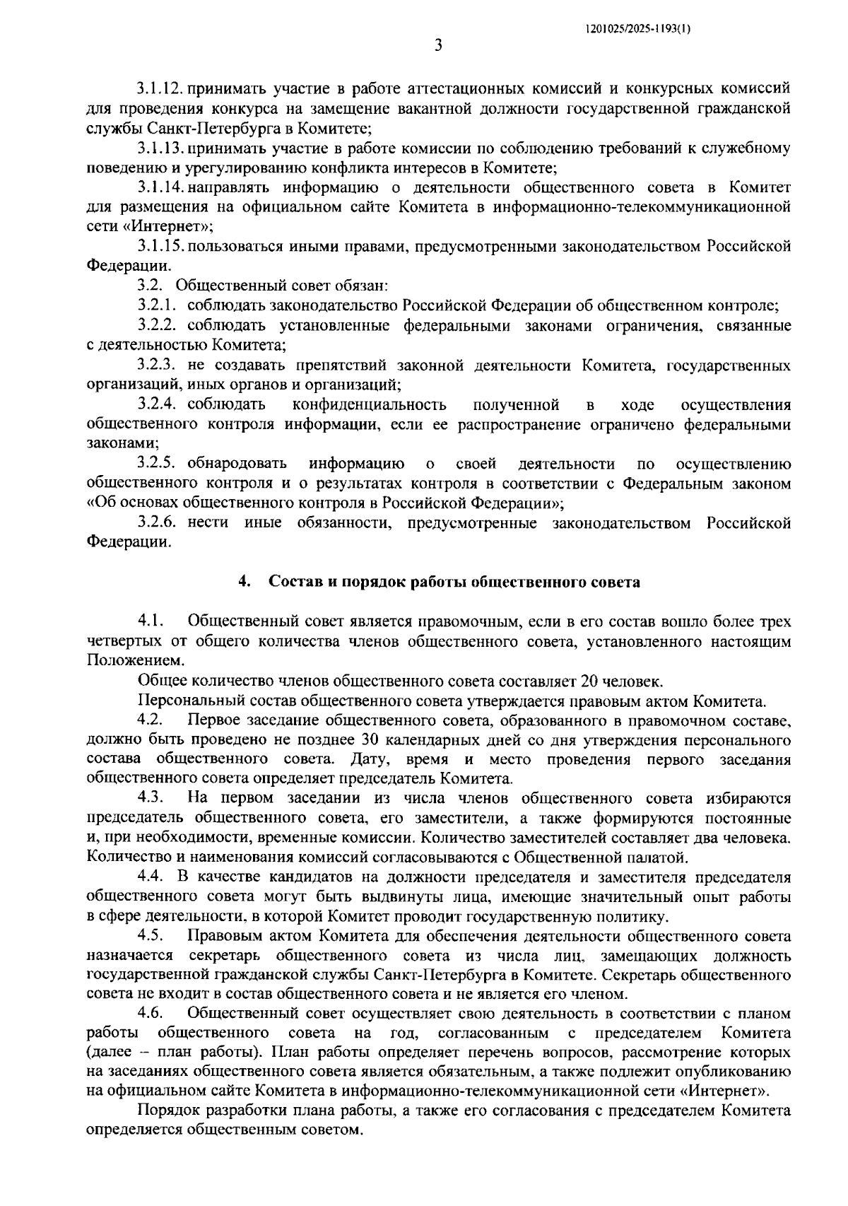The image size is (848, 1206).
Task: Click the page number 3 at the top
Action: tap(438, 46)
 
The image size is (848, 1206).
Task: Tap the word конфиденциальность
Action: tap(369, 405)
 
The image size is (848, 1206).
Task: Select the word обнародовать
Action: tap(237, 464)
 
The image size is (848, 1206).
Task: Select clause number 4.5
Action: tap(151, 937)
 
